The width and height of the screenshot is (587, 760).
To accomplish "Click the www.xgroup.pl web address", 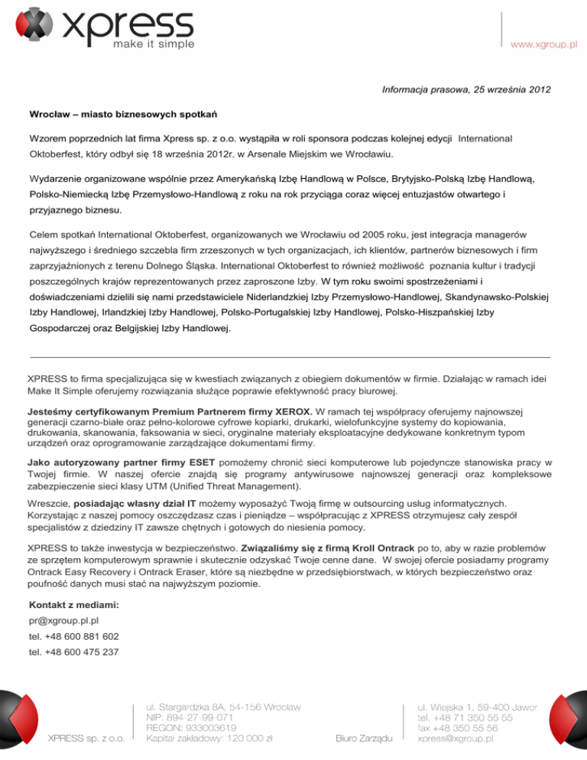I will click(x=544, y=45).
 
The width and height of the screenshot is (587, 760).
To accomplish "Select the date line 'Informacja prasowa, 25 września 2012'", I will click(x=466, y=89).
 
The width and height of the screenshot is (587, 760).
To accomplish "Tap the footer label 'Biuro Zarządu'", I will click(x=365, y=738).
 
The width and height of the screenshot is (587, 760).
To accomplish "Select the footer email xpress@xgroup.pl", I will click(x=455, y=739).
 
